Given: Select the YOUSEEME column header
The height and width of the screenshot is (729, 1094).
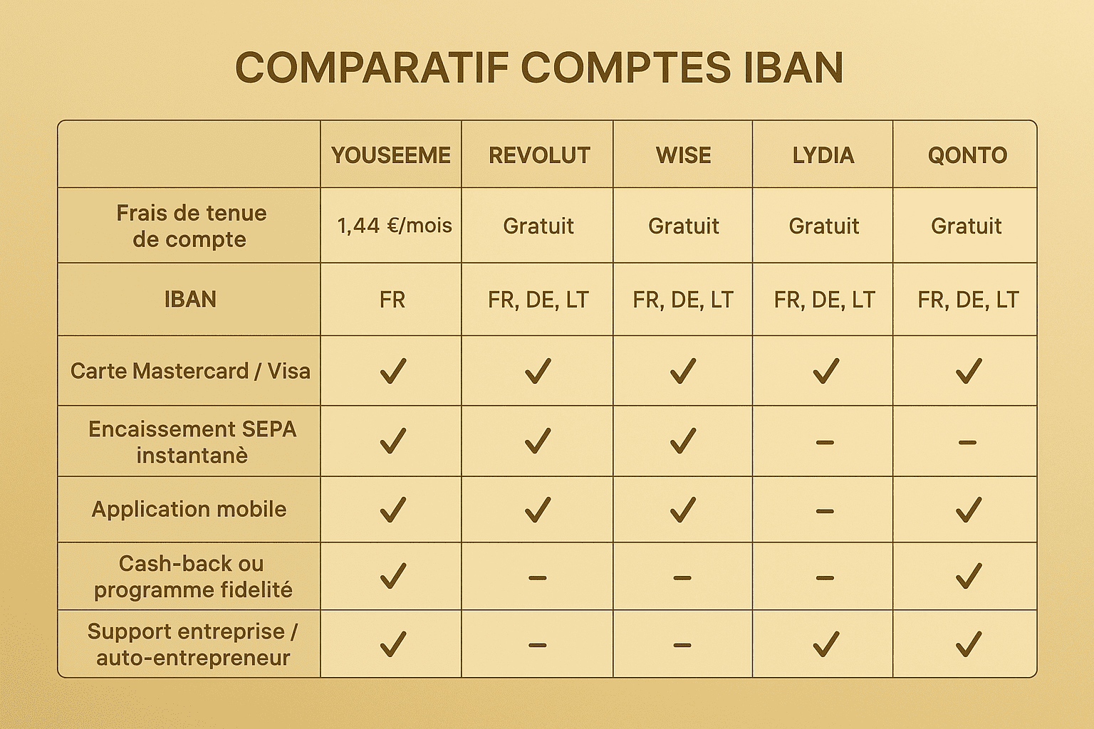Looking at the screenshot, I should click(x=391, y=155).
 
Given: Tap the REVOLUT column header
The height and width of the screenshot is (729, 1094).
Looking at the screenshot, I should click(x=539, y=155).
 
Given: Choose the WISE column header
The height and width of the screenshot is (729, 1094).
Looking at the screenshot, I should click(x=683, y=155).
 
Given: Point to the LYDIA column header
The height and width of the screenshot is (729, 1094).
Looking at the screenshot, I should click(x=823, y=155).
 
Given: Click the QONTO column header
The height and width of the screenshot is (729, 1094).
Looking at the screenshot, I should click(x=967, y=155).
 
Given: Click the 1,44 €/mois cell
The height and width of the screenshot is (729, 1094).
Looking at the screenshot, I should click(x=394, y=226).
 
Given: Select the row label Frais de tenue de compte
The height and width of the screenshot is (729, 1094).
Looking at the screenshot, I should click(x=190, y=226).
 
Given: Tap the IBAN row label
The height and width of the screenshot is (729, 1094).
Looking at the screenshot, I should click(x=190, y=300).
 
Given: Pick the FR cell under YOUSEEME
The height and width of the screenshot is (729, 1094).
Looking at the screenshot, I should click(x=392, y=300).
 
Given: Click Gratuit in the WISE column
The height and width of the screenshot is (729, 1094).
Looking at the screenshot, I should click(x=683, y=226).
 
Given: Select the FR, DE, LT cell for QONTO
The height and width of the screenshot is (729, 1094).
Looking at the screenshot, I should click(x=968, y=300).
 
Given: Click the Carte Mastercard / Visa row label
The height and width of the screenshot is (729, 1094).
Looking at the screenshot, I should click(x=190, y=371).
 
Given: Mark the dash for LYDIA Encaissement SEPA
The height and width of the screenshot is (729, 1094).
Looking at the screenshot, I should click(x=824, y=442).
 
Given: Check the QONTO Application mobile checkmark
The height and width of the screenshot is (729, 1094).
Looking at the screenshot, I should click(x=968, y=510).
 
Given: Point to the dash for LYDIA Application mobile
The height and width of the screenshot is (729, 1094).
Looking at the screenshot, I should click(x=824, y=511).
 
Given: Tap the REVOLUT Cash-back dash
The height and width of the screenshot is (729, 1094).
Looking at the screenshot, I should click(x=538, y=577).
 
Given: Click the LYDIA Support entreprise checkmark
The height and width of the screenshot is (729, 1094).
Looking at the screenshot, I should click(x=825, y=644).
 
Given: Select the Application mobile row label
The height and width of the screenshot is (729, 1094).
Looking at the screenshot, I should click(x=189, y=509).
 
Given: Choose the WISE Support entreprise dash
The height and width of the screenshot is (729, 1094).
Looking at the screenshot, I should click(x=682, y=646).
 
